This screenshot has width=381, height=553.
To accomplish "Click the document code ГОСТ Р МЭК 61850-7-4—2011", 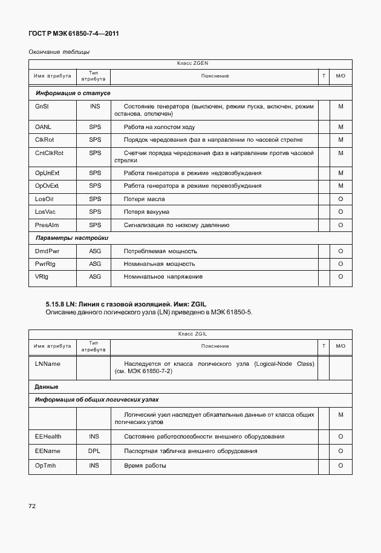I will click(73, 34).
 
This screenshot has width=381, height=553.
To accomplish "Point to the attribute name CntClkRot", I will click(50, 153).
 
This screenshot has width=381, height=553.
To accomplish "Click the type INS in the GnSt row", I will click(95, 107).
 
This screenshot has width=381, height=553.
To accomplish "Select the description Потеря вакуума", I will click(146, 212).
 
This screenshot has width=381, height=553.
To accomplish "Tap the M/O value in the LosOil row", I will click(340, 199).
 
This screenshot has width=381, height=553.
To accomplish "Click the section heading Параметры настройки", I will click(71, 238).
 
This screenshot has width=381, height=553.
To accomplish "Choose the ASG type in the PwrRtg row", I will click(95, 264).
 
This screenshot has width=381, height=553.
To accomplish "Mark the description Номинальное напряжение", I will click(163, 277).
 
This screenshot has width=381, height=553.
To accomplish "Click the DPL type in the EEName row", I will click(94, 451).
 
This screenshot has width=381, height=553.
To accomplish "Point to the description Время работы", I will click(145, 466).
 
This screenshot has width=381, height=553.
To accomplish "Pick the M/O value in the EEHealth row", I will click(340, 437).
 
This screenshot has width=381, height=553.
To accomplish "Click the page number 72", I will click(32, 506).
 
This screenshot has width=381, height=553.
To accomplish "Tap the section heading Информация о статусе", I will click(73, 93).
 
